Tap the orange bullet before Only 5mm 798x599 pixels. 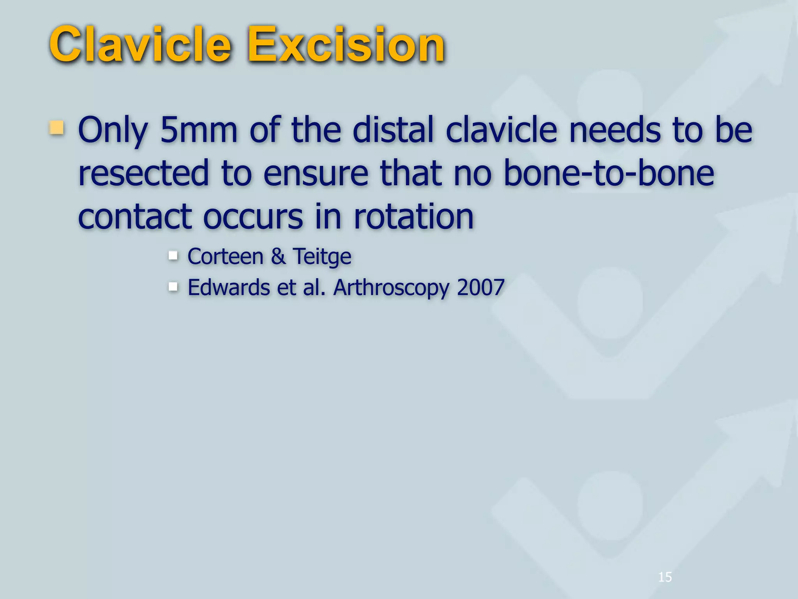tap(57, 128)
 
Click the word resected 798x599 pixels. tap(143, 173)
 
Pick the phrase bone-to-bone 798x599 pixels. tap(609, 173)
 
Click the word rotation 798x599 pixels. tap(413, 216)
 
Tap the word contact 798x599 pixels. tap(135, 216)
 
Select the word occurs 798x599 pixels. tap(253, 216)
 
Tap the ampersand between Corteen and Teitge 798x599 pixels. tap(278, 257)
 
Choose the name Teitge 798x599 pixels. tap(322, 257)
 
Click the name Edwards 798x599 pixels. tap(229, 287)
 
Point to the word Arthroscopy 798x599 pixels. tap(391, 288)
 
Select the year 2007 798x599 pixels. tap(481, 287)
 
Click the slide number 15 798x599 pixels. tap(665, 577)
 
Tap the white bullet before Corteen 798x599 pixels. tap(173, 256)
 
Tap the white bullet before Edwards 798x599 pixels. tap(173, 287)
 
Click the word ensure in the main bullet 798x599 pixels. tap(316, 173)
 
